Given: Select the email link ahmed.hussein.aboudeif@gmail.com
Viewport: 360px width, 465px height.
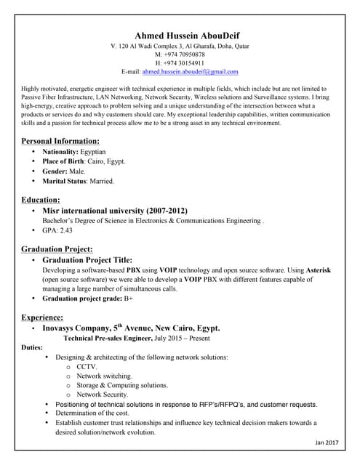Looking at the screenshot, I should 190,73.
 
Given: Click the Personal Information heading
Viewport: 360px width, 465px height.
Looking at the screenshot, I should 60,140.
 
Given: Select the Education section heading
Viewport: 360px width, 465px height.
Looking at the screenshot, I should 41,199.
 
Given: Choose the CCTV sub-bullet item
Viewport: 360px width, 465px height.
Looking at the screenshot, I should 87,367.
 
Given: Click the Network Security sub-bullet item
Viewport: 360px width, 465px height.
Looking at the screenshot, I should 102,395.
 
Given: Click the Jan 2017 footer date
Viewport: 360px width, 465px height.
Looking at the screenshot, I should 327,442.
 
